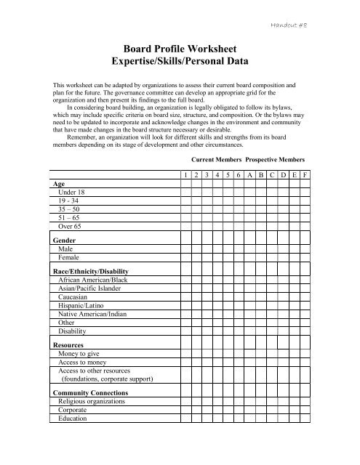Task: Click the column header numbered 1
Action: (x=186, y=176)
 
